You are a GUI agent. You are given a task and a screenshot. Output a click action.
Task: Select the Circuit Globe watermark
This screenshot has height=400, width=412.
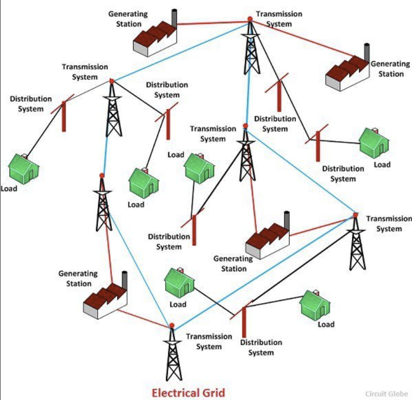coord(387,394)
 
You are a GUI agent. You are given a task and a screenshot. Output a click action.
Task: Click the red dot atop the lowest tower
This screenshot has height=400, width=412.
coord(172,326)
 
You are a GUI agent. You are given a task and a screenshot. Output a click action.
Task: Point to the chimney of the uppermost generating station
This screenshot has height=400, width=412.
coord(174,18)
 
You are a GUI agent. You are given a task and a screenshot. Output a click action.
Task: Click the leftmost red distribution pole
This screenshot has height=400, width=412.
coord(64,116)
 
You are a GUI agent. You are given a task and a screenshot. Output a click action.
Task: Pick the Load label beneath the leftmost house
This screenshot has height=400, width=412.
coord(9,189)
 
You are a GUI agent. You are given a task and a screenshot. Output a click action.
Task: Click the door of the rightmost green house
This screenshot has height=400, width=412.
coord(381,149)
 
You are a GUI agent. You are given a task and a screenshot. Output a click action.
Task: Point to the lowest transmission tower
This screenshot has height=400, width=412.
coord(172,353)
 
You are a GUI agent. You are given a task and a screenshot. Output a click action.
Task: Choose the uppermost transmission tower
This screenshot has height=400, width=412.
coord(251,47)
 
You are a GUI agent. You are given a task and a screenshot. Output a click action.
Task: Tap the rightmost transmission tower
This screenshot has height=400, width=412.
coord(357,242)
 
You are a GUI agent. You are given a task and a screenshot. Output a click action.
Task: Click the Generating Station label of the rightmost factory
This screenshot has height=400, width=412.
coord(390,69)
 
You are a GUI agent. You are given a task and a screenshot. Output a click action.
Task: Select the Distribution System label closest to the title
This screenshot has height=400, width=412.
coord(261,347)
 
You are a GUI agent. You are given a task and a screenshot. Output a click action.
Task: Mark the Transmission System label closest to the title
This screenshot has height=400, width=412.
coord(209,341)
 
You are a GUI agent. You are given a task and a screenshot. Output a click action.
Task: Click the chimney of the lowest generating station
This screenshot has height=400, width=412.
coord(125,280)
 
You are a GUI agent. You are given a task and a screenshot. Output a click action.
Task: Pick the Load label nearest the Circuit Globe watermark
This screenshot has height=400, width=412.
coord(326,324)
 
